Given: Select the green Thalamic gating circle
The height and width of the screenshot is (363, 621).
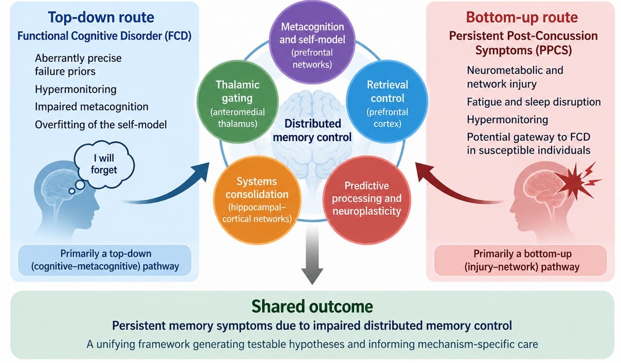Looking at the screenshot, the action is (238, 102).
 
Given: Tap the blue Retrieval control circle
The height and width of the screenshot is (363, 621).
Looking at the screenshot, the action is (387, 102).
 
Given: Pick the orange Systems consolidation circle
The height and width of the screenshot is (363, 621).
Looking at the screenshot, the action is (257, 200).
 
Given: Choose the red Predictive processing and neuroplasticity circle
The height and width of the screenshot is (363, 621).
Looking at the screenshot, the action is (367, 200).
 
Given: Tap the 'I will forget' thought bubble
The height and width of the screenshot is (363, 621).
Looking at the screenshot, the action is (104, 164).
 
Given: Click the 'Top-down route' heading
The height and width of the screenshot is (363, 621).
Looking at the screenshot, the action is (101, 17).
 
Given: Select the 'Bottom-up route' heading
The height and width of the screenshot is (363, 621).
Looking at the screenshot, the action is (522, 17).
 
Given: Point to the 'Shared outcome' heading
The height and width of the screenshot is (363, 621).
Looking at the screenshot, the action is (312, 306).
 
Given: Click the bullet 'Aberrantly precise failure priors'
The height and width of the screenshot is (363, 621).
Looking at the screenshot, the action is (78, 65).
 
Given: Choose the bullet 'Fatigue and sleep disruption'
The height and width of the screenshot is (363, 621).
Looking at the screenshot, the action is (534, 102).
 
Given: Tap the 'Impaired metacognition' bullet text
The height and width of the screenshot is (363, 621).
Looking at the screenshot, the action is (92, 107).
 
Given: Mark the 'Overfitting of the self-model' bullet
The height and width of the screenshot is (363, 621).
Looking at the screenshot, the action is (101, 125).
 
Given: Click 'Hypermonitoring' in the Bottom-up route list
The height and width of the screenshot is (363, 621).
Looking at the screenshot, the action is (507, 120).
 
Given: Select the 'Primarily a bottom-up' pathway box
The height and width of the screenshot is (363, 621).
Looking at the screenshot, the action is (521, 260).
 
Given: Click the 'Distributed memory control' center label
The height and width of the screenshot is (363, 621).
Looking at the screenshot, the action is (312, 130).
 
